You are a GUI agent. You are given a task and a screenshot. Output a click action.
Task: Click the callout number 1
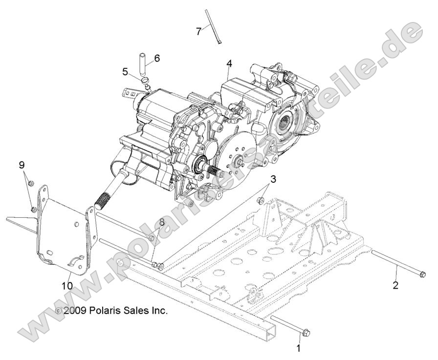[x=299, y=349]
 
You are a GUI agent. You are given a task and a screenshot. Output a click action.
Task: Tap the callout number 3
[x=273, y=179]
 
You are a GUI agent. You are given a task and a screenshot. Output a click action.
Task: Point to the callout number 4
[x=229, y=64]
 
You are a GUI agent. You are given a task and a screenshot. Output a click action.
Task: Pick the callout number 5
[x=126, y=72]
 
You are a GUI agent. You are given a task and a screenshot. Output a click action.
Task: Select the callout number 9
[x=22, y=165]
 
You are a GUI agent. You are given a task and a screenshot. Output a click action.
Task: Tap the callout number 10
[x=67, y=284]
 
